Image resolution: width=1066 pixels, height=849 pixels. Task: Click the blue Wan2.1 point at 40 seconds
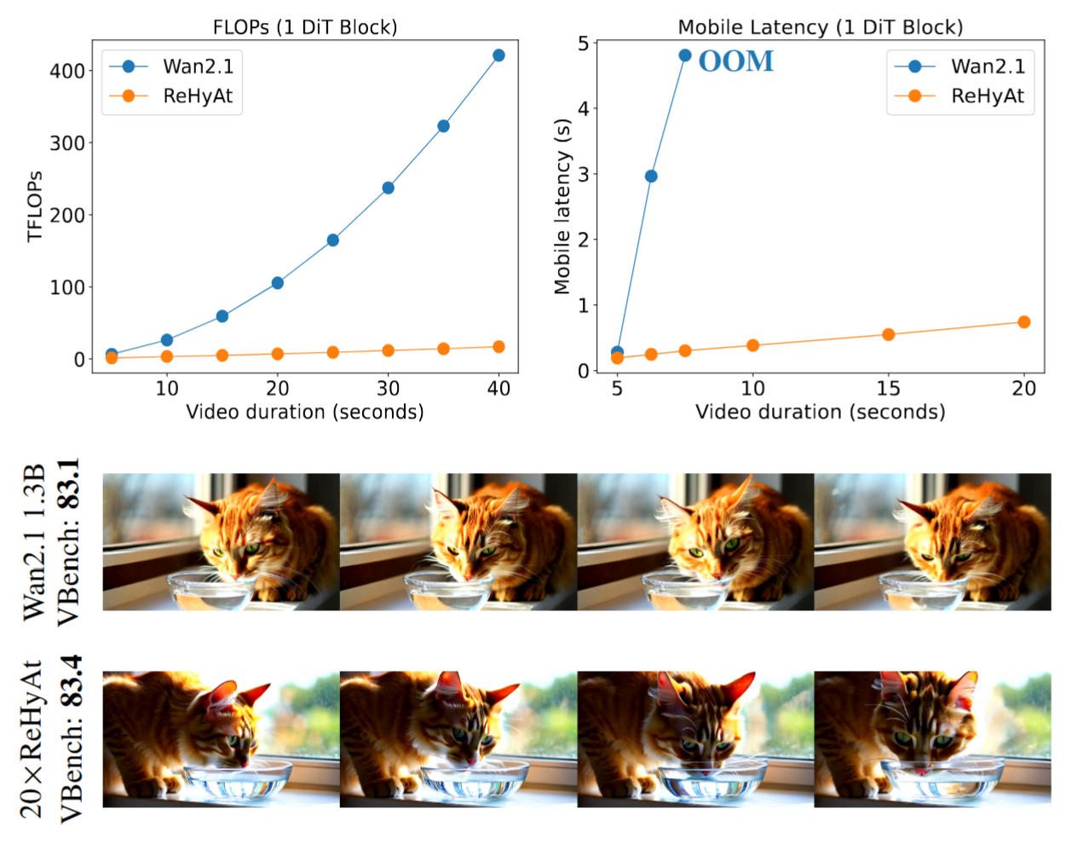point(498,55)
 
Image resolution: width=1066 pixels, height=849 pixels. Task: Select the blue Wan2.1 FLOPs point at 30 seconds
point(388,188)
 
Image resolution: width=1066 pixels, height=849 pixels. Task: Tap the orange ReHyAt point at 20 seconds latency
point(1023,322)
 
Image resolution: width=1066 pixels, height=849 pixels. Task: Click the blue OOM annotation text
point(735,61)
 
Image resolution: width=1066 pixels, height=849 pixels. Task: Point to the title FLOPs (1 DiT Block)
point(304,27)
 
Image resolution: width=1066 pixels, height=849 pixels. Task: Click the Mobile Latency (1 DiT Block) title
point(820,27)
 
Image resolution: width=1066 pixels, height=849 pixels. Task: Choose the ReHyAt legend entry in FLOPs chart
point(197,96)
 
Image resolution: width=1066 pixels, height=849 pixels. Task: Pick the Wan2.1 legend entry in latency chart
point(987,66)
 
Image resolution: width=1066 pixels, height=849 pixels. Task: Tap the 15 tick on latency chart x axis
point(888,389)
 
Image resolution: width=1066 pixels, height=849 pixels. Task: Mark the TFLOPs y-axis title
point(35,207)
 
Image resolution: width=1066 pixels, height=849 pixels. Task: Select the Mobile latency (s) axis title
point(562,207)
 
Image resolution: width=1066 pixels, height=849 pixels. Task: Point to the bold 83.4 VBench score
point(70,681)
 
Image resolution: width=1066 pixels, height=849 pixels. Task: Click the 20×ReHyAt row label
point(32,738)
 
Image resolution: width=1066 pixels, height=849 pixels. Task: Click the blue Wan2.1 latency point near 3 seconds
point(651,176)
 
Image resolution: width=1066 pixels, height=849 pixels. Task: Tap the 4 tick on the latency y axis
point(584,109)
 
